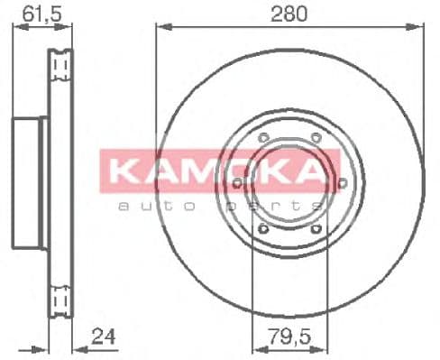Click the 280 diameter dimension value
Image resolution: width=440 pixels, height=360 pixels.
pyautogui.click(x=288, y=13)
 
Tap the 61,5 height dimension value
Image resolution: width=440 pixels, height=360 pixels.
pyautogui.click(x=35, y=13)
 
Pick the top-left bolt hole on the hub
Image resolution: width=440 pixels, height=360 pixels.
pyautogui.click(x=261, y=138)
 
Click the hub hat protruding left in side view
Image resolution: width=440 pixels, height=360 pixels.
pyautogui.click(x=28, y=183)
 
